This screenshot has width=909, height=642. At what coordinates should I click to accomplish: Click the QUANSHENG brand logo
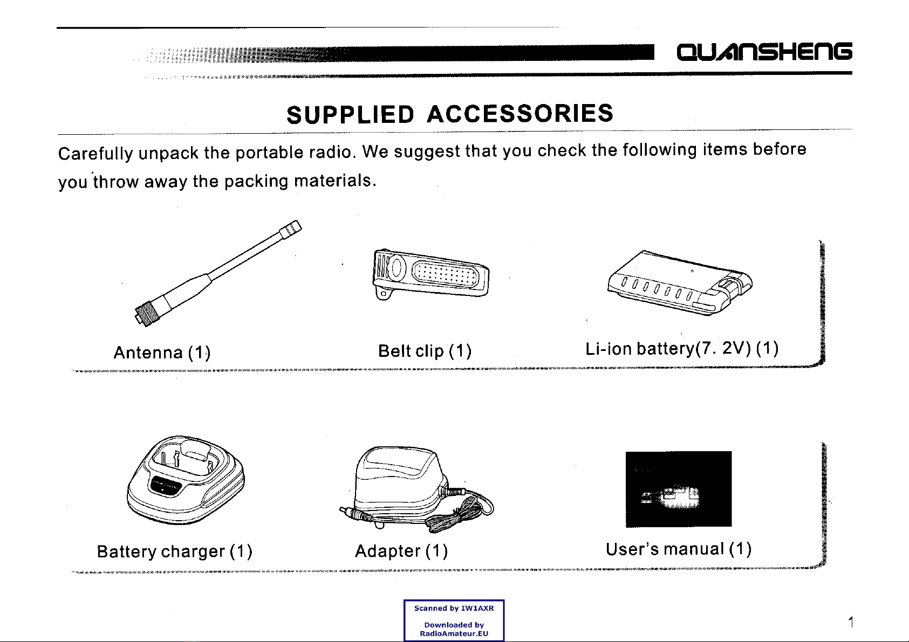click(764, 52)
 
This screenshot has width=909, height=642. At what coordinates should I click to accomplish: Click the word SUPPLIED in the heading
click(350, 114)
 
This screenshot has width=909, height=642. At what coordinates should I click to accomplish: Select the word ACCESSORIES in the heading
click(520, 113)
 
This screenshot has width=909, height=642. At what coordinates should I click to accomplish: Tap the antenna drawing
click(218, 273)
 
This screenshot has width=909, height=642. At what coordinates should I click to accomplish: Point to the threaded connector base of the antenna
click(145, 315)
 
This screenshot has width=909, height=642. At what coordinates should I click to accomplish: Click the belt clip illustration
click(430, 274)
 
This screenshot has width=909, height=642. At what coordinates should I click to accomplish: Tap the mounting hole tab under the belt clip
click(384, 293)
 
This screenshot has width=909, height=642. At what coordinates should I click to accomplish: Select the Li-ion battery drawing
click(680, 282)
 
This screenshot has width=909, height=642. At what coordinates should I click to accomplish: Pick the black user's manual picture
click(679, 489)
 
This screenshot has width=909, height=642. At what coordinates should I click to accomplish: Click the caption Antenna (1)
click(162, 353)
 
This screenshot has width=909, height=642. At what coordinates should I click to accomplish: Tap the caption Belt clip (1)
click(425, 351)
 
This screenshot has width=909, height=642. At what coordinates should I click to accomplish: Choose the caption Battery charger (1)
click(174, 551)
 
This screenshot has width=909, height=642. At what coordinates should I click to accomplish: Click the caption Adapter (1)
click(401, 551)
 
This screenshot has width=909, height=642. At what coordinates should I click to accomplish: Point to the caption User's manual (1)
click(679, 549)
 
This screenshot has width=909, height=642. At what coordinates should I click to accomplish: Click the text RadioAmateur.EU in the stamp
click(454, 633)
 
